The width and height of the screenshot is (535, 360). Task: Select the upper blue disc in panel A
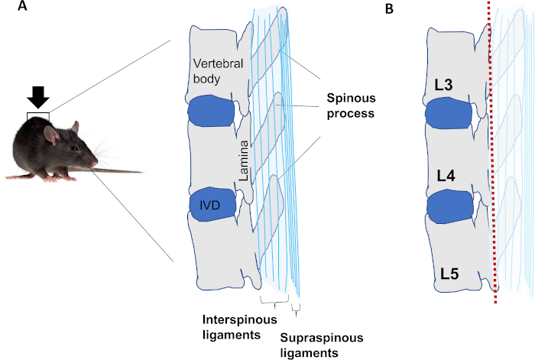(210, 110)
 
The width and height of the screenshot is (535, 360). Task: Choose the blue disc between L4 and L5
(450, 206)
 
